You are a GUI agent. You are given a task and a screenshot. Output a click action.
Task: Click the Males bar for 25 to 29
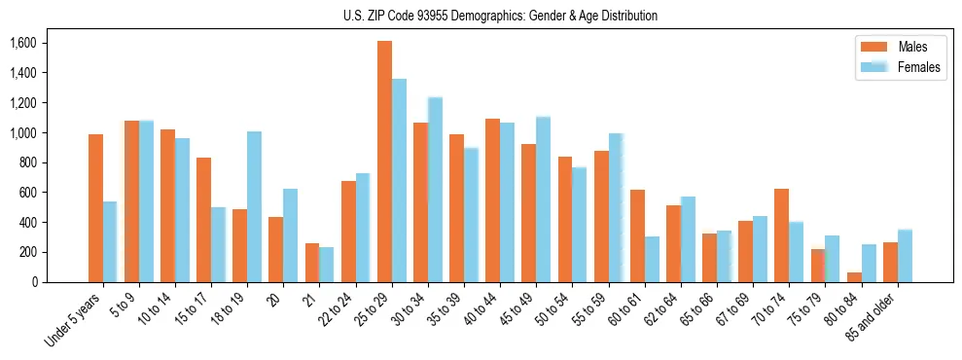click(x=384, y=162)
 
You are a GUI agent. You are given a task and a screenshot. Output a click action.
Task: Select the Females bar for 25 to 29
click(x=399, y=180)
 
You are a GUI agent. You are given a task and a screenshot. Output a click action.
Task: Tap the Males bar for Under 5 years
click(x=95, y=208)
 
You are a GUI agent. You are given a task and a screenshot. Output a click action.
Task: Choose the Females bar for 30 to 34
click(x=435, y=190)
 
